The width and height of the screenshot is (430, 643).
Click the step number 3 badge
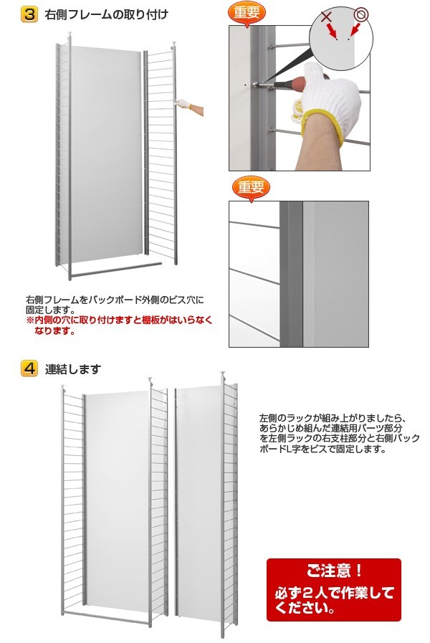[x=29, y=14]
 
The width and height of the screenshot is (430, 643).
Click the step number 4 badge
[x=29, y=368]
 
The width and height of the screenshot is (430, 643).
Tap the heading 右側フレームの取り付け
[x=106, y=15]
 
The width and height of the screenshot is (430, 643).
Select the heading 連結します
[x=72, y=369]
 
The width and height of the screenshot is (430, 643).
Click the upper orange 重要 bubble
[x=247, y=12]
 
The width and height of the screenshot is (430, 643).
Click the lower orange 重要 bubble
[x=251, y=188]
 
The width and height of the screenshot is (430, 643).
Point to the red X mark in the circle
[x=326, y=16]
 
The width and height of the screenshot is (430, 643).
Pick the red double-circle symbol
[x=361, y=15]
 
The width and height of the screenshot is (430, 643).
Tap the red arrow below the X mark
[x=332, y=31]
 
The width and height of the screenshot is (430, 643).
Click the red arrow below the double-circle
[x=355, y=29]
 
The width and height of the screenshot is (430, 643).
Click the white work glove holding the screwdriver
[x=333, y=97]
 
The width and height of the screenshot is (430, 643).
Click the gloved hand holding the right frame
[x=183, y=105]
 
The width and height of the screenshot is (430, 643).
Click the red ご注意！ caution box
[x=334, y=590]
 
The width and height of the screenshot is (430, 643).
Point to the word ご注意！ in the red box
[x=334, y=571]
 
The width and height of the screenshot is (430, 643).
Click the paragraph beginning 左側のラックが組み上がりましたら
[x=340, y=434]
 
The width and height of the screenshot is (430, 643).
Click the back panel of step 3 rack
[x=107, y=154]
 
